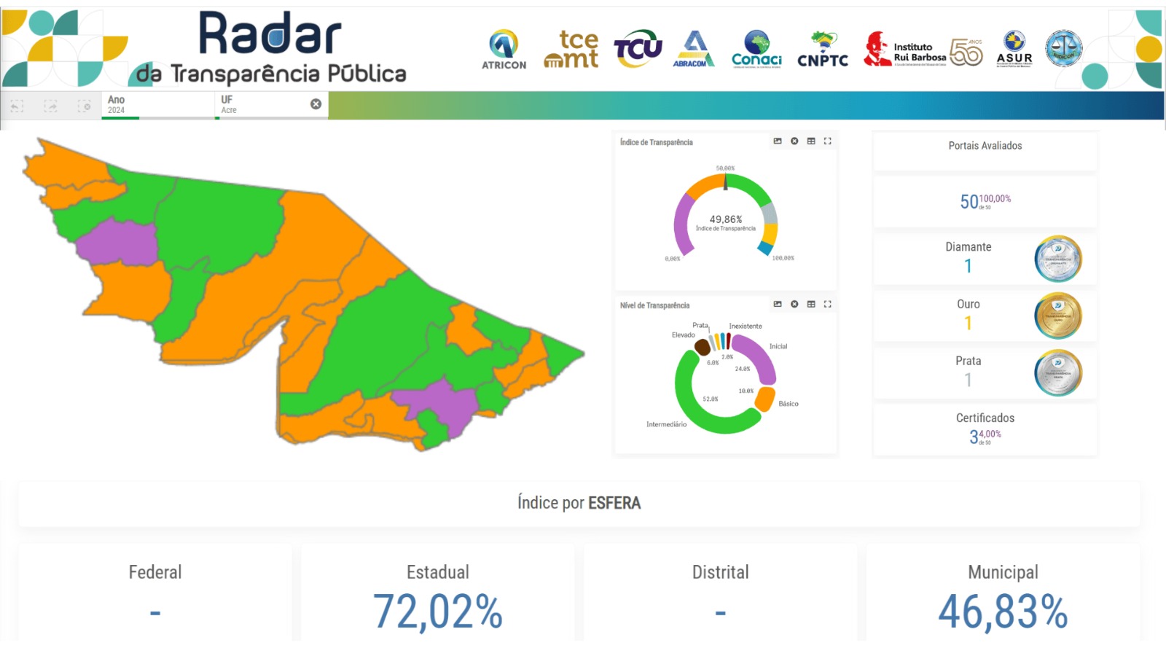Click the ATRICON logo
pyautogui.click(x=504, y=50)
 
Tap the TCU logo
pyautogui.click(x=638, y=50)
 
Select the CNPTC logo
pyautogui.click(x=823, y=50)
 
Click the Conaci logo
pyautogui.click(x=756, y=50)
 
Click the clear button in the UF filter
pyautogui.click(x=316, y=104)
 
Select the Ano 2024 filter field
pyautogui.click(x=157, y=104)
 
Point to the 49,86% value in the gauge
pyautogui.click(x=726, y=219)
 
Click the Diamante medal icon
pyautogui.click(x=1057, y=259)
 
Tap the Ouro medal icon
pyautogui.click(x=1057, y=316)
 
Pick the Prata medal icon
pyautogui.click(x=1057, y=372)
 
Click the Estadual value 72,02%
pyautogui.click(x=437, y=612)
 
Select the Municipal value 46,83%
pyautogui.click(x=1003, y=612)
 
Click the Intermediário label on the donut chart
pyautogui.click(x=666, y=424)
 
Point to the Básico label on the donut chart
pyautogui.click(x=789, y=404)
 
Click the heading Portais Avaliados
pyautogui.click(x=985, y=146)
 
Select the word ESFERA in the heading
pyautogui.click(x=614, y=503)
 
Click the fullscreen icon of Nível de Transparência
pyautogui.click(x=828, y=304)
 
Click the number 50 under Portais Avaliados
pyautogui.click(x=969, y=202)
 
